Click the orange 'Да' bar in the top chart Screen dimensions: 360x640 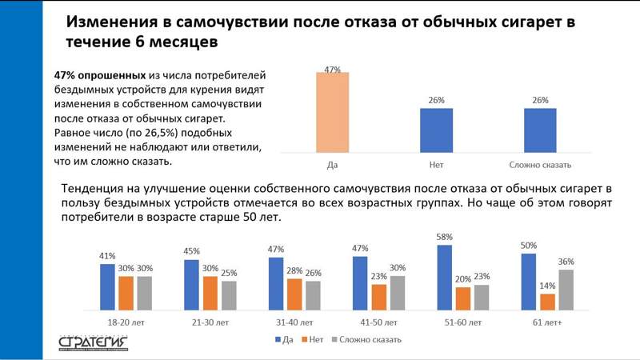point(333,112)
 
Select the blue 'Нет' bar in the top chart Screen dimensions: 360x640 point(436,130)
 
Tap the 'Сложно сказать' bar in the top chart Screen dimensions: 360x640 point(540,130)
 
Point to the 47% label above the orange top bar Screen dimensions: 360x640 point(333,70)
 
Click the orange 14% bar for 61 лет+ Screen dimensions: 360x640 point(547,301)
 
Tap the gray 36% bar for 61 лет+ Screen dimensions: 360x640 point(566,289)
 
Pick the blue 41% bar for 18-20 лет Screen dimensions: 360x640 point(108,286)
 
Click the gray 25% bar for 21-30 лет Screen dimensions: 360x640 point(228,294)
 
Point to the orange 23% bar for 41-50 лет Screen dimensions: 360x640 point(378,296)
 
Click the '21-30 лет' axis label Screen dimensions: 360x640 point(210,322)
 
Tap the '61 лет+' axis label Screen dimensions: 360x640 point(547,322)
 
